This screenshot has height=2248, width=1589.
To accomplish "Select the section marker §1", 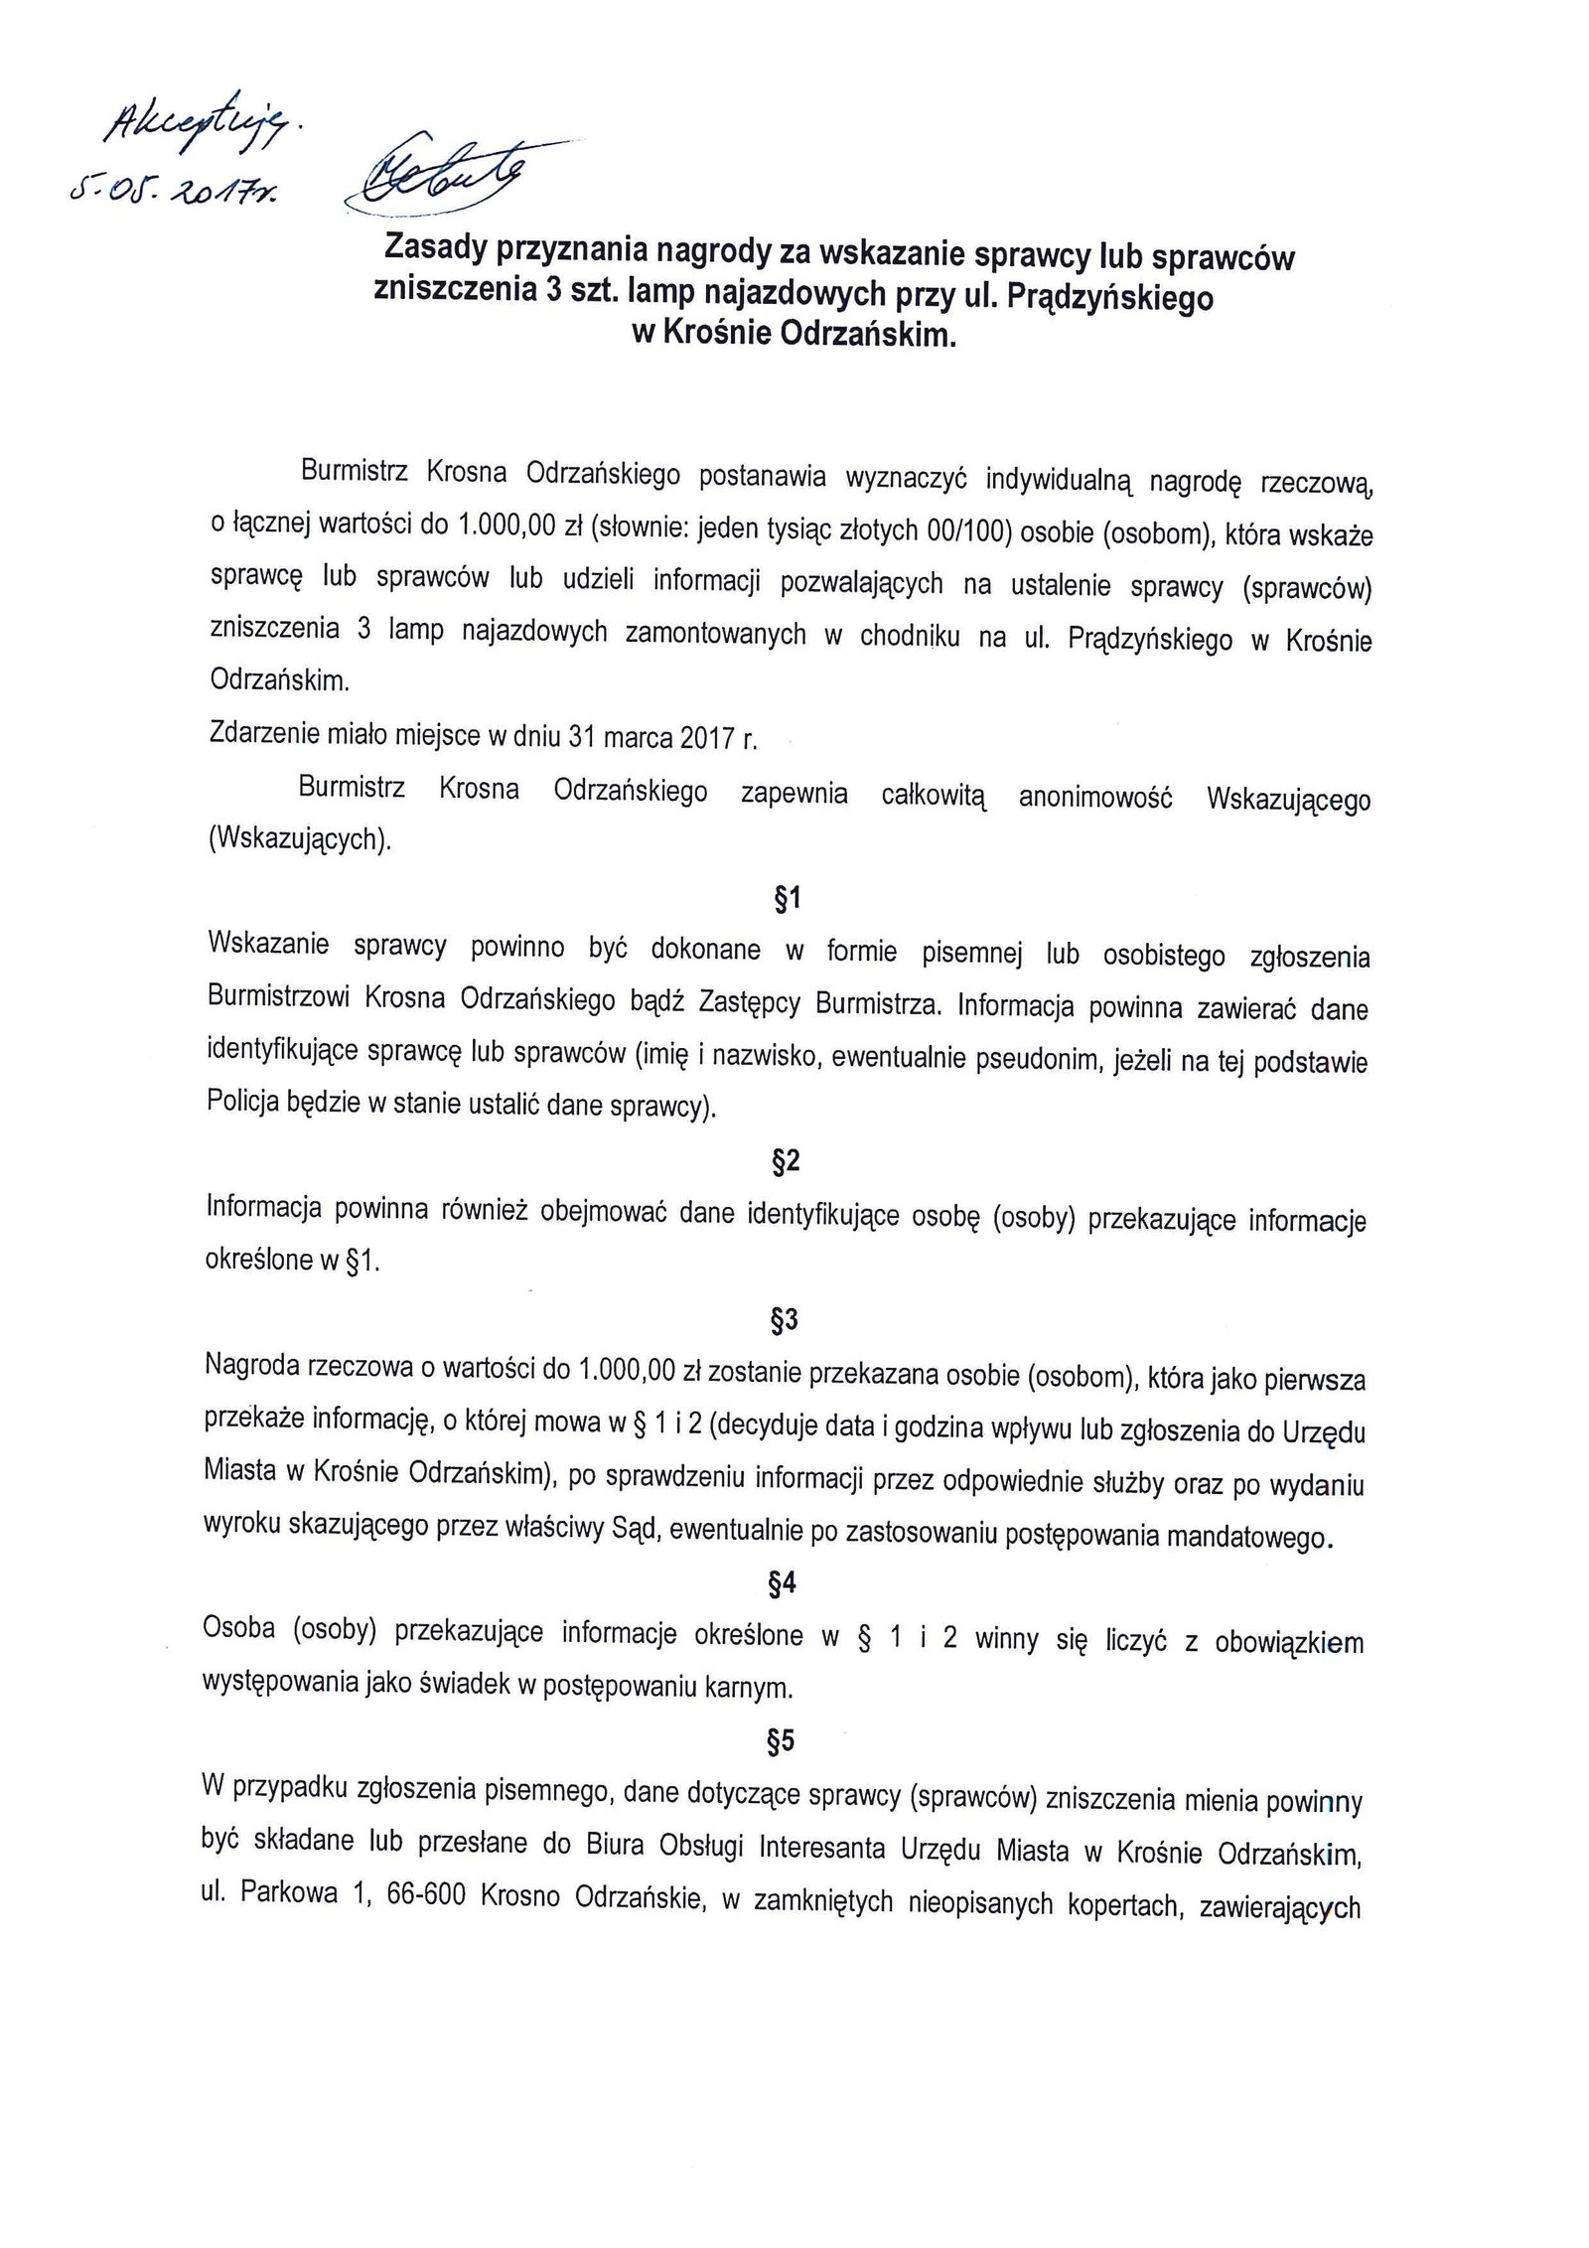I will pos(786,900).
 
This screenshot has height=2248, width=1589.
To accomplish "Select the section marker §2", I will pos(786,1162).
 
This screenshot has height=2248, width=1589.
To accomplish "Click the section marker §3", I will pos(785,1320).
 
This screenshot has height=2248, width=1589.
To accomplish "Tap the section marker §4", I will pos(784,1586).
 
